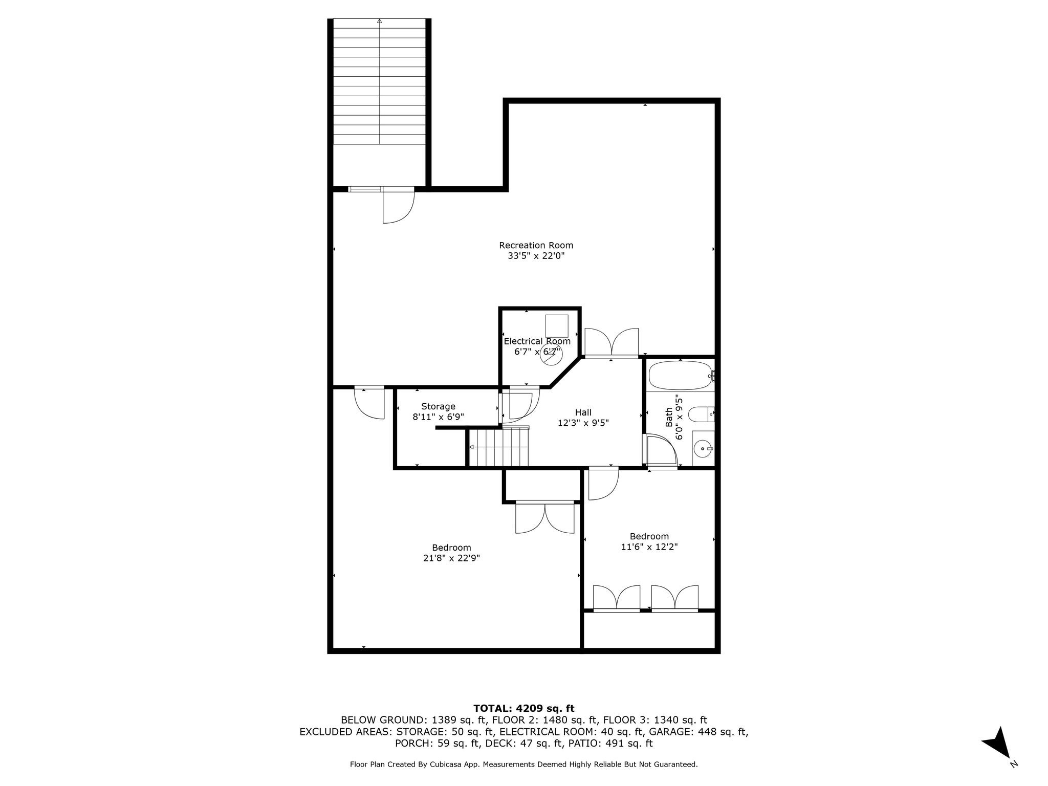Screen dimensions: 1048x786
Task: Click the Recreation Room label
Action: click(536, 245)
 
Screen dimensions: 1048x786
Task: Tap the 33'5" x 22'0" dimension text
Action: click(536, 256)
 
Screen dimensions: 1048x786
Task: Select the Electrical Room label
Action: click(537, 341)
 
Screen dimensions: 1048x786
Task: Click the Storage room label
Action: click(438, 406)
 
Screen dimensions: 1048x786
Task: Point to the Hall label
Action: click(583, 412)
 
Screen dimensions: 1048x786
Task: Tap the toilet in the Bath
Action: click(701, 414)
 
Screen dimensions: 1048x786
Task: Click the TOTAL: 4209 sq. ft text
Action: click(524, 709)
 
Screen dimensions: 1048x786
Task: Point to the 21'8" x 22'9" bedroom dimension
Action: click(451, 558)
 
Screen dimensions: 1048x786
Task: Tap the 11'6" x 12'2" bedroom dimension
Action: click(649, 547)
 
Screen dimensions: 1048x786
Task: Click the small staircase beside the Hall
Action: click(499, 447)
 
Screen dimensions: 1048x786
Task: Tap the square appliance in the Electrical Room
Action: click(557, 326)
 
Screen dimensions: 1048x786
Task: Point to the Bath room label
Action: click(669, 418)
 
